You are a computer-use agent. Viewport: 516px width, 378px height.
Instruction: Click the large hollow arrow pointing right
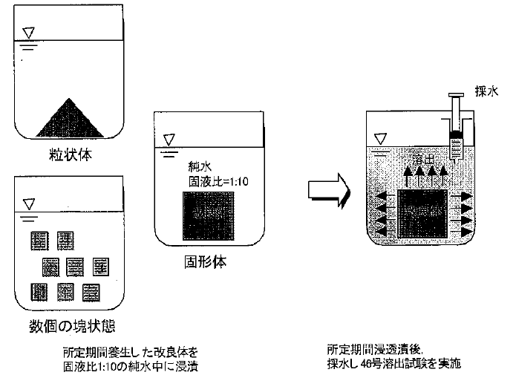coord(327,189)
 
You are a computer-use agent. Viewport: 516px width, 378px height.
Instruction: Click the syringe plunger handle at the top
coord(457,94)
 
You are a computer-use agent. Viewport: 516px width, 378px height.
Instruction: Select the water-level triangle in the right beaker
coord(382,137)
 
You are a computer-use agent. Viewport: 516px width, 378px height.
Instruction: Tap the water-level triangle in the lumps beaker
coord(29,203)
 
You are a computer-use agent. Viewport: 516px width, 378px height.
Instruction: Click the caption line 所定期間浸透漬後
coord(370,348)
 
